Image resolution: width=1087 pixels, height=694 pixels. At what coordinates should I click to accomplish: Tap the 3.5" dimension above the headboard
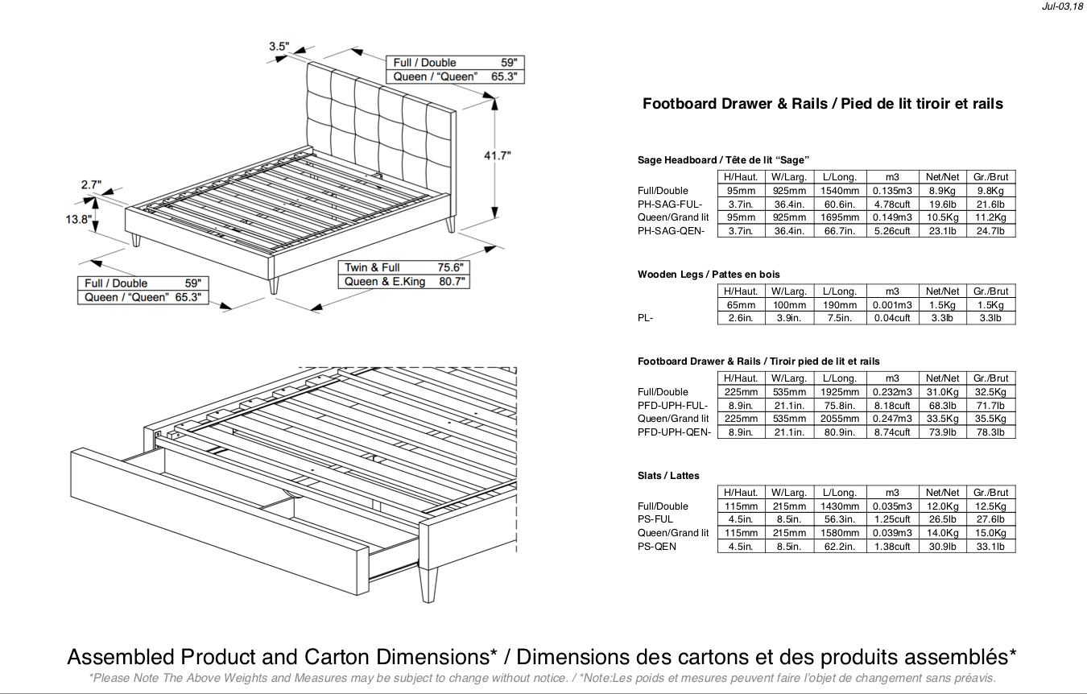point(279,47)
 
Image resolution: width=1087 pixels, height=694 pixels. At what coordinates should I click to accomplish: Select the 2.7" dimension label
point(91,185)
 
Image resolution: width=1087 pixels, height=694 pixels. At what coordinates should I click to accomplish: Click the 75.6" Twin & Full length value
point(449,267)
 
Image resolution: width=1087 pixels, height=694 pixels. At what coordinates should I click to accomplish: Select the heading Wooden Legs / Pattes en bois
point(709,275)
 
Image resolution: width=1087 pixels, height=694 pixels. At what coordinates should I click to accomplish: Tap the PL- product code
point(645,318)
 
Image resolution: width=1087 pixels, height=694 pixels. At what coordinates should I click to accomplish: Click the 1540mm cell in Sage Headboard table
point(840,191)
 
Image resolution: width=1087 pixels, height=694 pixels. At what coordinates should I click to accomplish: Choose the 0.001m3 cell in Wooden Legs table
point(891,305)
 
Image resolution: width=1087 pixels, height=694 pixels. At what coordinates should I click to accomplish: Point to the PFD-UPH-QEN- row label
point(674,432)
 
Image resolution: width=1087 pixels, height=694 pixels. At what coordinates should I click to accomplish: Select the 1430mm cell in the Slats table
point(840,506)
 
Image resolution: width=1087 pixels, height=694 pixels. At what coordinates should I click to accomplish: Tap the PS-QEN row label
point(657,547)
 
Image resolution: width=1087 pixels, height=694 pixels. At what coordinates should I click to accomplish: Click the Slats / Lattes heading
point(668,476)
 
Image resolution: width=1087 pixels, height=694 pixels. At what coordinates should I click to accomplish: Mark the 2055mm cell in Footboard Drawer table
point(840,419)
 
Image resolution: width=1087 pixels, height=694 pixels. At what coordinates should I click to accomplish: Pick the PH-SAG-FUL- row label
point(671,204)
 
